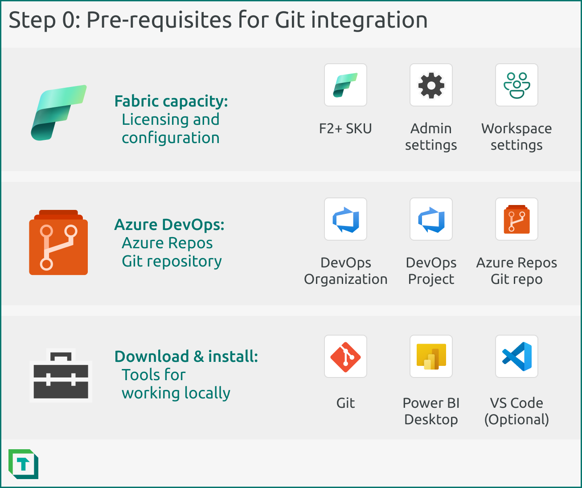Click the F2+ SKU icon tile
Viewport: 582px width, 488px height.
[x=345, y=85]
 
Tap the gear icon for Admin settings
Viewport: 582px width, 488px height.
[x=431, y=85]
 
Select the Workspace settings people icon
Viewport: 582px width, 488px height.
[x=516, y=85]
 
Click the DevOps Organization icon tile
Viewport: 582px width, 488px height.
[x=345, y=219]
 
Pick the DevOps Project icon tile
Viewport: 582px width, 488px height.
[x=431, y=219]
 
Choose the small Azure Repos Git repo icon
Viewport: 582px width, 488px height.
[x=516, y=219]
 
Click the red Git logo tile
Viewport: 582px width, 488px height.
[x=345, y=357]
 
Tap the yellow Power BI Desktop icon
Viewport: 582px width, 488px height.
[x=431, y=357]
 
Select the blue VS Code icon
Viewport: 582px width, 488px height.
[x=516, y=357]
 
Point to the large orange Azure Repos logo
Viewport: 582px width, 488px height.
[x=58, y=243]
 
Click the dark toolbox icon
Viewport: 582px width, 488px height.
[x=61, y=376]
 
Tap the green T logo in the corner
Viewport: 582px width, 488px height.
[x=23, y=464]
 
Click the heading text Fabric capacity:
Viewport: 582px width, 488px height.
[x=171, y=101]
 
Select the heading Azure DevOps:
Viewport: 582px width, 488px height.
[x=169, y=225]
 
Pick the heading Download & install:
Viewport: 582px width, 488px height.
[x=186, y=357]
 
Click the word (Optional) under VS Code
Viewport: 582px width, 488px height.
[x=516, y=419]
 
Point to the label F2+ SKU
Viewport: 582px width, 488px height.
[x=345, y=129]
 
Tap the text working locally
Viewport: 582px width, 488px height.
[x=176, y=393]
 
